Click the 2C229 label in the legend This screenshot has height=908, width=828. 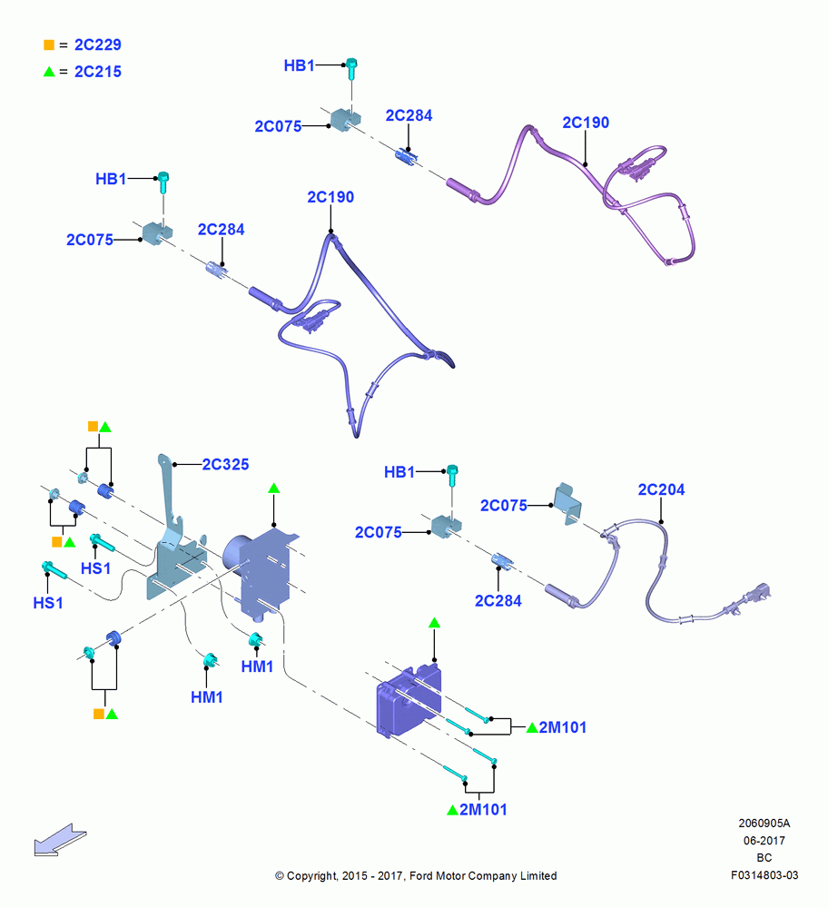tap(98, 44)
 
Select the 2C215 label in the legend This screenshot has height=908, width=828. tap(98, 72)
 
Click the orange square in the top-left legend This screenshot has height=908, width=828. tap(49, 44)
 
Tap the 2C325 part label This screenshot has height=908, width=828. tap(225, 464)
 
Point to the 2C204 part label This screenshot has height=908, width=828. tap(661, 490)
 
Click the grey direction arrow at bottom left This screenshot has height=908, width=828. tap(60, 840)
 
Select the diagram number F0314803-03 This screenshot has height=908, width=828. tap(764, 875)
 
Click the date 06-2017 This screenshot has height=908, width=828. tap(764, 840)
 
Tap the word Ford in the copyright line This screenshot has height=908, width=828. tap(422, 875)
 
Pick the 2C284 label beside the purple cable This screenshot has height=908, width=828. tap(409, 116)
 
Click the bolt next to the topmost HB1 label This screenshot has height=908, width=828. tap(351, 68)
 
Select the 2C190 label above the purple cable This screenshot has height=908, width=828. tap(586, 123)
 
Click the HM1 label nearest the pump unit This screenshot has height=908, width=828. tap(257, 666)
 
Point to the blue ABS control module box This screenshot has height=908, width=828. tap(409, 701)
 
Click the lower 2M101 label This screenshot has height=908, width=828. tap(483, 810)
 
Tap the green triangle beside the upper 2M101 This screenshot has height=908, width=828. tap(532, 727)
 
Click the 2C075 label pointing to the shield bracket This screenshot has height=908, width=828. tap(504, 506)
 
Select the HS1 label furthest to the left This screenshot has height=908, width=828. tap(48, 603)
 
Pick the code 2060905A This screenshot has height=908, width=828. tap(764, 823)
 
